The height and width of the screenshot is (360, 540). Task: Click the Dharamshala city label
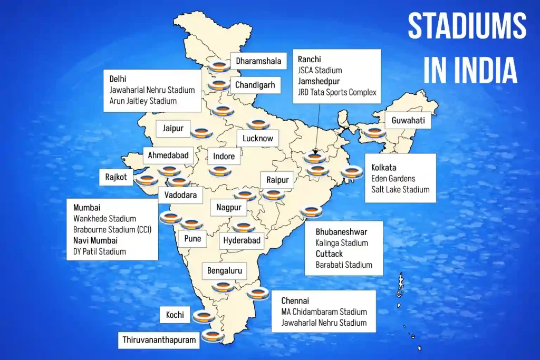click(258, 61)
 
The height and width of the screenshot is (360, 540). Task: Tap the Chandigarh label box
click(255, 84)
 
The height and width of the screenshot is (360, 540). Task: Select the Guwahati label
click(408, 121)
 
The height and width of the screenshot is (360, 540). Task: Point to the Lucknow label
click(258, 139)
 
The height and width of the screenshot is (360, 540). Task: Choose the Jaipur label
click(172, 128)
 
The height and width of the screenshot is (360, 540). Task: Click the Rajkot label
click(116, 177)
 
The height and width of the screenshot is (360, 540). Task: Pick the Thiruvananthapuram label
click(159, 340)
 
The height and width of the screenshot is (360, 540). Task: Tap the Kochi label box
click(175, 315)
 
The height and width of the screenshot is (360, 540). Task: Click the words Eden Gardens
click(393, 179)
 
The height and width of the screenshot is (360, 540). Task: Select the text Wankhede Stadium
click(104, 219)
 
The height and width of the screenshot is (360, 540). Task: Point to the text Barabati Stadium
click(344, 265)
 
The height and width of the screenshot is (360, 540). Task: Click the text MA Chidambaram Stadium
click(324, 312)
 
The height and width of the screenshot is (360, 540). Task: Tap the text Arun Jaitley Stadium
click(143, 101)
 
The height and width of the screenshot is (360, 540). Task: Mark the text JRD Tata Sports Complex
click(337, 92)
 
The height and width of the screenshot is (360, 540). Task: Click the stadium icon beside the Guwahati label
click(375, 132)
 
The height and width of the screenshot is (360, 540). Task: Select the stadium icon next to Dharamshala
click(219, 67)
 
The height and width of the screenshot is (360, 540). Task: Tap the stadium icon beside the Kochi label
click(203, 316)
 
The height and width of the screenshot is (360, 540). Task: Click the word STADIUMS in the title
click(467, 26)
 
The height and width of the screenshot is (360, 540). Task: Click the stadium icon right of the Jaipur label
click(200, 132)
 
